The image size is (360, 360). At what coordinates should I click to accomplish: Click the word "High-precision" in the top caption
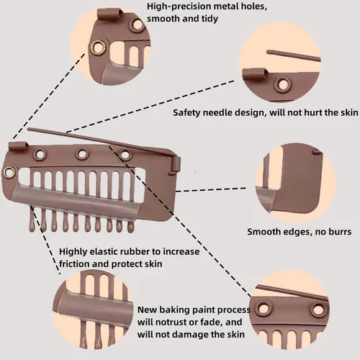[179, 6]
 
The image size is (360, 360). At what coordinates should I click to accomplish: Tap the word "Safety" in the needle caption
[186, 112]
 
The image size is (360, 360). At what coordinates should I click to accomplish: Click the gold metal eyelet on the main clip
[9, 171]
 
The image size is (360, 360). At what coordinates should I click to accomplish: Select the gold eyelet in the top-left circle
[98, 47]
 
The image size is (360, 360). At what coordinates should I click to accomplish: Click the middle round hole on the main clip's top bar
[82, 153]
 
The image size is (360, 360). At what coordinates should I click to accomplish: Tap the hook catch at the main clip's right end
[175, 164]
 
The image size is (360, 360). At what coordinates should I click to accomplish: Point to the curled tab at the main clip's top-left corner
[17, 146]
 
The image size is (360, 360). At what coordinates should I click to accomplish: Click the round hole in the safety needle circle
[282, 84]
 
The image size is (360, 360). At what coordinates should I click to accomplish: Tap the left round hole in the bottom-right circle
[264, 308]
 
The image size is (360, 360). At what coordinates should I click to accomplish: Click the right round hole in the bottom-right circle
[318, 310]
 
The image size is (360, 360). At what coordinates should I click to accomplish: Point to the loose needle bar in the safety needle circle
[294, 55]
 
